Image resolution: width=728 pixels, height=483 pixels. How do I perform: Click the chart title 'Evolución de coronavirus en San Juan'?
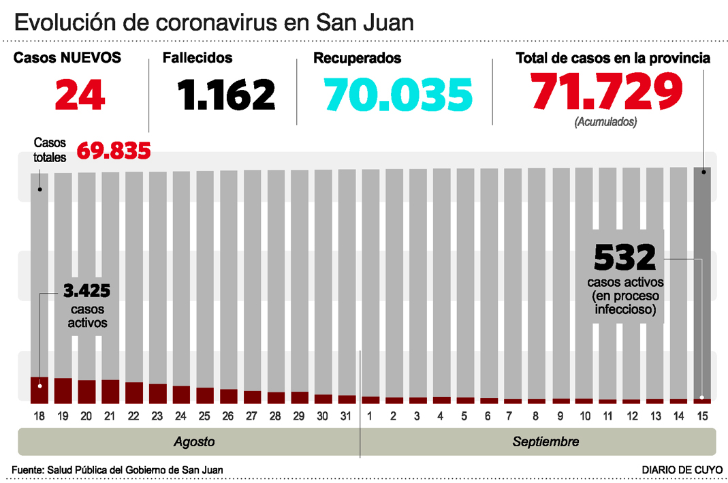214,22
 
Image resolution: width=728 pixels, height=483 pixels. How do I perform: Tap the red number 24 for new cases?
80,95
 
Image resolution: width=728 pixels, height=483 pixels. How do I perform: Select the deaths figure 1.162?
227,95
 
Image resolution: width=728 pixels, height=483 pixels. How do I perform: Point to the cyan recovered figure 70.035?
398,95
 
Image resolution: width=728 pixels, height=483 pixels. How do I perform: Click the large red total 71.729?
606,92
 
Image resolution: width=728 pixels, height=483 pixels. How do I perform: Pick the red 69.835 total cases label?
114,150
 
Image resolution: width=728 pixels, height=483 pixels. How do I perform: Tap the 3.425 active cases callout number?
86,292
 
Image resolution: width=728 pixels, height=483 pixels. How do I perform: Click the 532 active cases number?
625,258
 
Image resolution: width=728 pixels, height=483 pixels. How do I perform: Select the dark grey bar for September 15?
702,272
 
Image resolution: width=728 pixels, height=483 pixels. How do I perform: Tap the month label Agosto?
194,442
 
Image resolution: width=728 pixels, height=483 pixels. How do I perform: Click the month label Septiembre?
545,442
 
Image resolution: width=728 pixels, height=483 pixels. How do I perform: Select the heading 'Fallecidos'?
197,59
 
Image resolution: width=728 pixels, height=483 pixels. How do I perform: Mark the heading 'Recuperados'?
357,59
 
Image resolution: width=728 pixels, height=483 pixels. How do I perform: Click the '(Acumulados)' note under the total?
605,122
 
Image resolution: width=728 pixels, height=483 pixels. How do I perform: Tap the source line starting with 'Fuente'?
117,470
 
